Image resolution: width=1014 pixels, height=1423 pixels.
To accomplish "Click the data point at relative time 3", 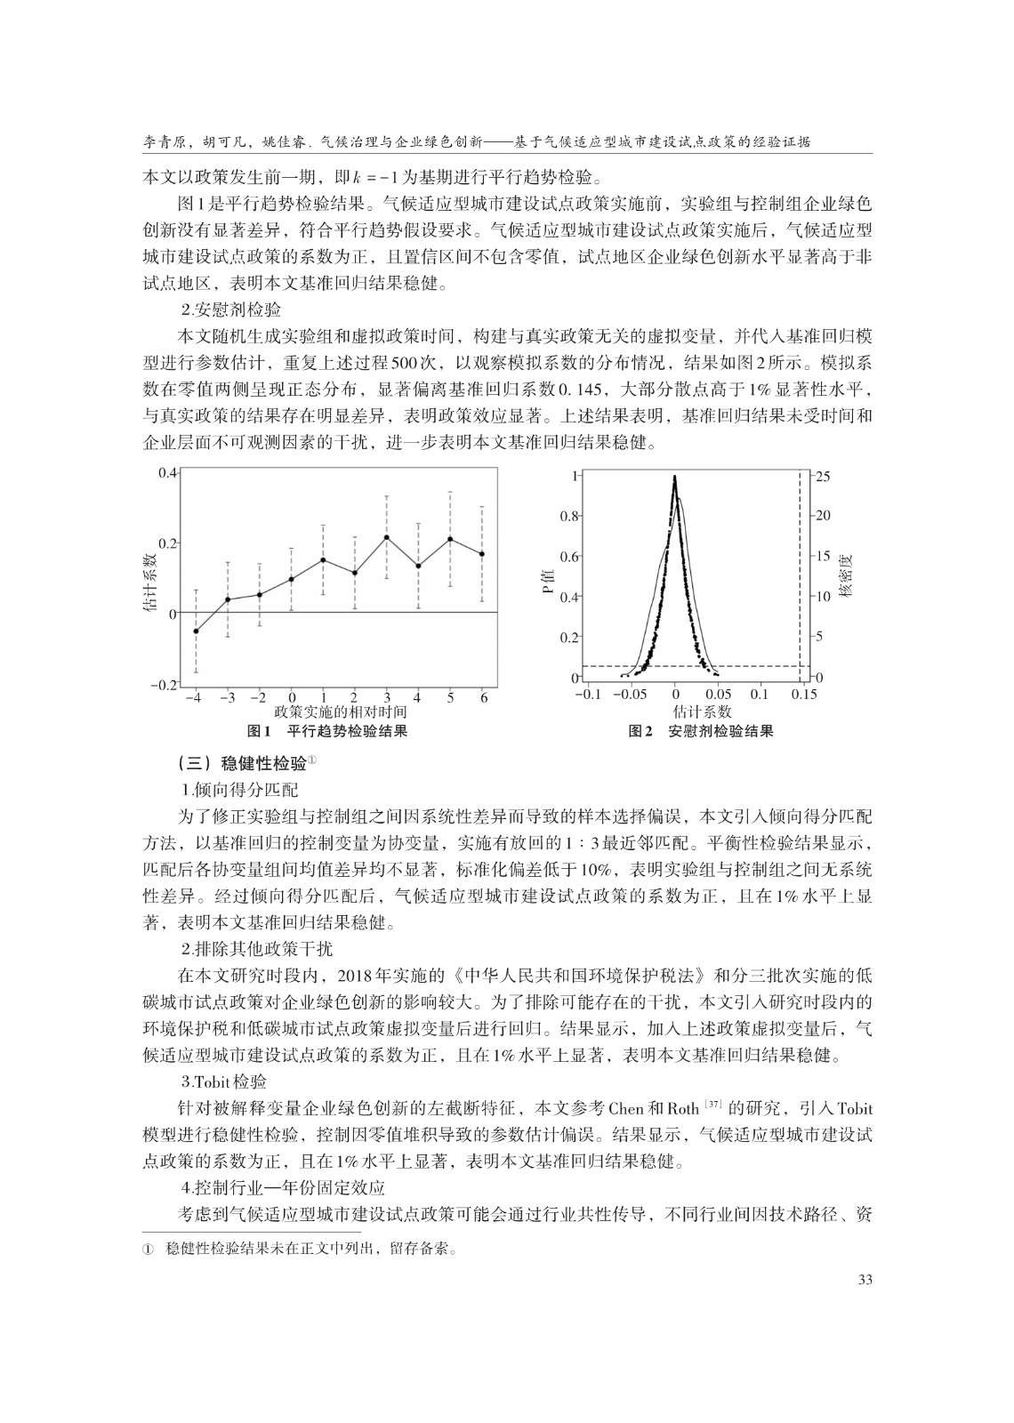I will click(386, 537).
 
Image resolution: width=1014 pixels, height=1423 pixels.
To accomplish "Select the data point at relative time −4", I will click(196, 631).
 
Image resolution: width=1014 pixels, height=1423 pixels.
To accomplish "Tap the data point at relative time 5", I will click(450, 539).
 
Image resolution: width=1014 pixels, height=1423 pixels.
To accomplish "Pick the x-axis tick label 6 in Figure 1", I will click(482, 698).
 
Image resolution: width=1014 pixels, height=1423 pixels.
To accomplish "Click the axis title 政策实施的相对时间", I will click(341, 712).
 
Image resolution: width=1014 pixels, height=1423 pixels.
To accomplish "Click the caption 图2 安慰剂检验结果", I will click(701, 732).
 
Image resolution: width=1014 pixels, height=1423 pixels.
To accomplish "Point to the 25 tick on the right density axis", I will click(823, 477).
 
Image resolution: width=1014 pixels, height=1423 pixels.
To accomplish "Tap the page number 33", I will click(862, 1280).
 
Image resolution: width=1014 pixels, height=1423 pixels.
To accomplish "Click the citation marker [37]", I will click(713, 1105).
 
